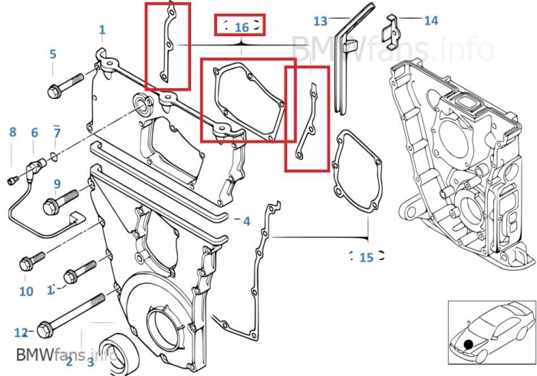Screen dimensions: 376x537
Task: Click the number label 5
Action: point(53,54)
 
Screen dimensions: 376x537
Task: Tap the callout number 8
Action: point(12,132)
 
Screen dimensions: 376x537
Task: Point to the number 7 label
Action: point(57,133)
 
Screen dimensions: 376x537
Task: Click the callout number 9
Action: point(57,183)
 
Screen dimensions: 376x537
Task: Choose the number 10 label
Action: point(26,292)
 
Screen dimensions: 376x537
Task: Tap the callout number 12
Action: point(21,332)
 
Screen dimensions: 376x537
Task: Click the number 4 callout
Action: point(246,221)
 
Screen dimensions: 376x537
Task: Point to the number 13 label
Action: point(320,21)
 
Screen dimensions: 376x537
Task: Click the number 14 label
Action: point(431,21)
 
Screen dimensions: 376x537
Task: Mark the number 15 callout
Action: point(366,257)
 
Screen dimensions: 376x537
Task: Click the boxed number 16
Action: point(241,27)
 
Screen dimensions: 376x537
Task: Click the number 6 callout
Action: point(35,133)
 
